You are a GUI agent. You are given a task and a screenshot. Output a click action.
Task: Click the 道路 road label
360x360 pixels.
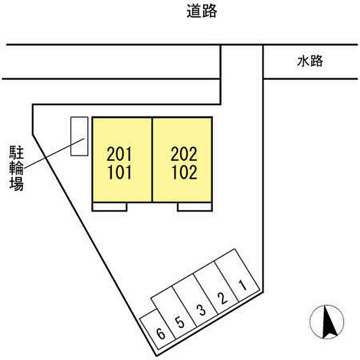[x=202, y=11]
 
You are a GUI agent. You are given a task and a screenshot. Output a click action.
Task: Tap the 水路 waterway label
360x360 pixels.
[x=310, y=61]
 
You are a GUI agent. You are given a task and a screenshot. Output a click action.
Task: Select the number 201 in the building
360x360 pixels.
[x=119, y=154]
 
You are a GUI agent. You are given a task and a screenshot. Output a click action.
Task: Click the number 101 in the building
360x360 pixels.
[x=119, y=172]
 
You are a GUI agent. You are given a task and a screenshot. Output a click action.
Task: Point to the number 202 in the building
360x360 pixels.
[x=184, y=154]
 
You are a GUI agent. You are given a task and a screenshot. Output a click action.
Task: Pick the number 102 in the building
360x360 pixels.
[x=184, y=172]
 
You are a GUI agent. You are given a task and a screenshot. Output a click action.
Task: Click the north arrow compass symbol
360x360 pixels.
[x=327, y=321]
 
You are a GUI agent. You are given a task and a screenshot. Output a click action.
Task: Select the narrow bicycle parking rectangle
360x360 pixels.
[x=79, y=136]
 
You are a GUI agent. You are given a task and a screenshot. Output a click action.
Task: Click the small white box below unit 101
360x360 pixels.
[x=109, y=207]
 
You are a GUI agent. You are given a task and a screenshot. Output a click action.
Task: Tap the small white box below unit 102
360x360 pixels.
[x=194, y=207]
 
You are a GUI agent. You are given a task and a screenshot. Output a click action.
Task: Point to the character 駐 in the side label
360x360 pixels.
[x=16, y=152]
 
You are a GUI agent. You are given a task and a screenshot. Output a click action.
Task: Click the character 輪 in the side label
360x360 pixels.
[x=16, y=168]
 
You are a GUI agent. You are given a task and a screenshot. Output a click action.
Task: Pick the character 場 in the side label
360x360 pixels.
[x=16, y=184]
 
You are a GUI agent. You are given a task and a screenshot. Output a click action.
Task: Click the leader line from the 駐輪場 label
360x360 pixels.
[x=54, y=153]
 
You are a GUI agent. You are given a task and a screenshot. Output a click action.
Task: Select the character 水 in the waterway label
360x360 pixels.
[x=303, y=61]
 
